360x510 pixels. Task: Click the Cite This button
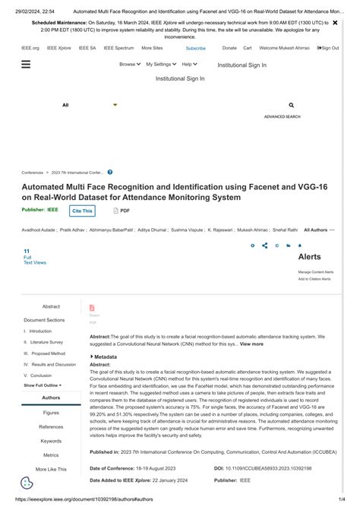(82, 211)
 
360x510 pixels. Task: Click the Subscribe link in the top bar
(195, 48)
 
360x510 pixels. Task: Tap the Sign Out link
(329, 48)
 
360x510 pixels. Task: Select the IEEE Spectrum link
(118, 48)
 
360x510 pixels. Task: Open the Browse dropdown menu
(130, 65)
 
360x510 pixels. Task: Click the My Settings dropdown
(161, 65)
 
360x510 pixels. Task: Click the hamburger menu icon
(26, 65)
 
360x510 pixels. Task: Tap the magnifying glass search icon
(292, 105)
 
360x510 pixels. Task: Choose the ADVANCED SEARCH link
(282, 117)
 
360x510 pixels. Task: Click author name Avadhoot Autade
(38, 229)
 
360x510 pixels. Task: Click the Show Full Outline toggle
(43, 385)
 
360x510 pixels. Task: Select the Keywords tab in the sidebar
(51, 441)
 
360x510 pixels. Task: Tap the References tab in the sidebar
(51, 426)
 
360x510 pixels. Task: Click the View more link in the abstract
(251, 344)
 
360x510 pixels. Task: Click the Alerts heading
(309, 257)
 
